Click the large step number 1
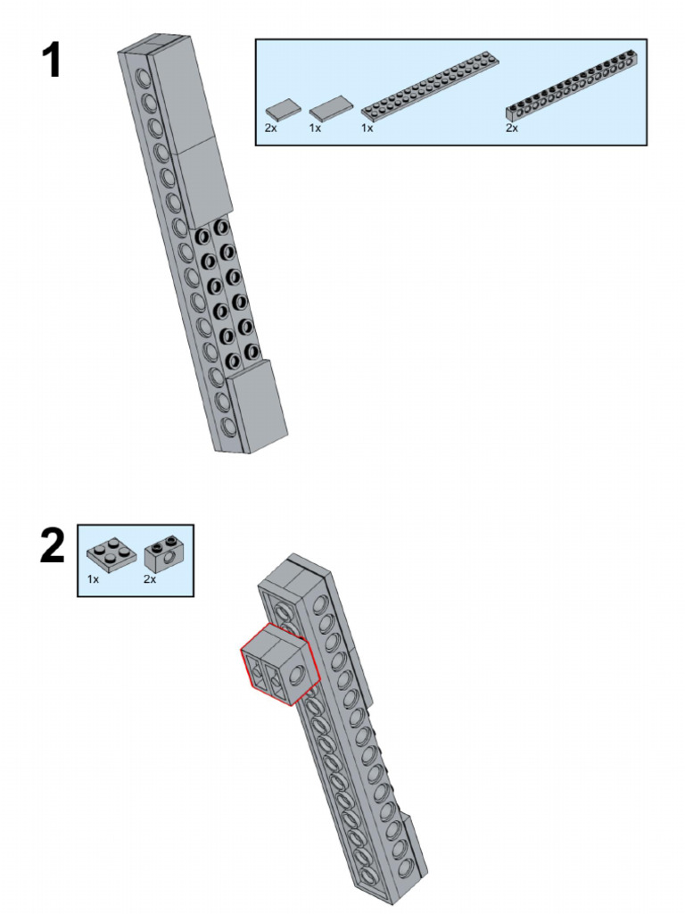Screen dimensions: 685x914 coord(52,61)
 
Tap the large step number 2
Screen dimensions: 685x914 coord(53,545)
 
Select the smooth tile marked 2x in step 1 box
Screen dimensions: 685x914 coord(284,109)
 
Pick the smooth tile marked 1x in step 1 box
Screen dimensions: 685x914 coord(331,108)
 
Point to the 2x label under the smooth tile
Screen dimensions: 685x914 coord(271,128)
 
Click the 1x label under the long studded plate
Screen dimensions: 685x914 coord(367,128)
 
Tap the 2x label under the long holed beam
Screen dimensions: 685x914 coord(511,128)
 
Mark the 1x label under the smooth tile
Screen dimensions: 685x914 coord(315,128)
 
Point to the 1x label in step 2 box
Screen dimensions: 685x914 coord(93,578)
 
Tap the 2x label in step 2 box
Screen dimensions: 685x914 coord(150,578)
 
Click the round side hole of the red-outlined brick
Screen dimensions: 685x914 coord(298,675)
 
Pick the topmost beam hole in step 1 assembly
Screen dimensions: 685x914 coord(142,77)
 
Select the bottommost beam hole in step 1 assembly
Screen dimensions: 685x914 coord(228,425)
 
